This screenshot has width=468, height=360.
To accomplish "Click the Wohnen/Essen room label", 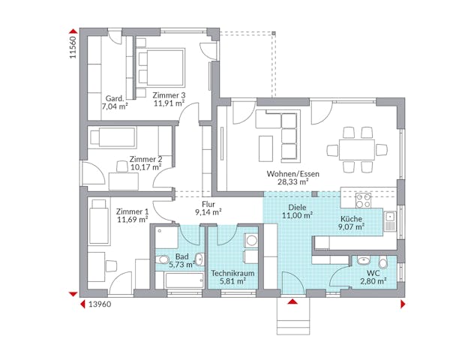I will click(292, 173).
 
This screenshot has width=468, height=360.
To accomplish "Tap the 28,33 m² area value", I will click(292, 181).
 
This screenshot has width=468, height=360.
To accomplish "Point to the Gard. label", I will click(114, 98).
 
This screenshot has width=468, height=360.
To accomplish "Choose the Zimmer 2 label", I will click(145, 159).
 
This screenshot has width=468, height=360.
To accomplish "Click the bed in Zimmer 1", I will click(99, 221).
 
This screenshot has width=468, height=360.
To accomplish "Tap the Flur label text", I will click(208, 203).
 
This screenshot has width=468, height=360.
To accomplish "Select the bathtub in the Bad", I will click(182, 280).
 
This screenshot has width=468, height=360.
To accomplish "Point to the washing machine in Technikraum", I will click(252, 241).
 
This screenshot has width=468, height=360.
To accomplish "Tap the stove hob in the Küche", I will click(363, 200).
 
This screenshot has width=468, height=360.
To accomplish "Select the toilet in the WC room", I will click(383, 262).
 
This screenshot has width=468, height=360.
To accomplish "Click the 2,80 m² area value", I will click(373, 281).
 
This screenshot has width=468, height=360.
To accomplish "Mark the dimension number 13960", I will click(100, 304).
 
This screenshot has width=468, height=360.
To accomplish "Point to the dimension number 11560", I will click(73, 46).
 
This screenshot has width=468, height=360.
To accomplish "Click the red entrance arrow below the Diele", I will click(292, 301).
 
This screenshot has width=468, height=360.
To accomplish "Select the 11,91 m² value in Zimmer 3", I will click(169, 103).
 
